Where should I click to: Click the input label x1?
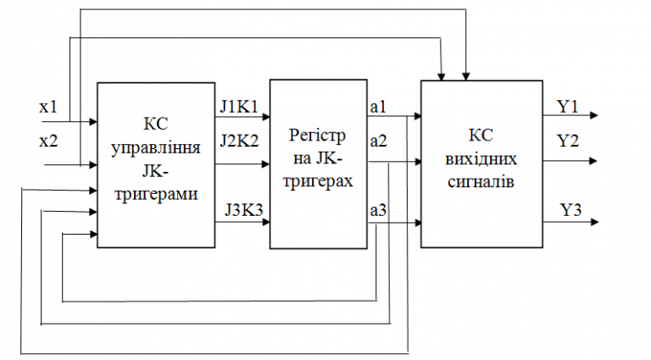pyautogui.click(x=48, y=108)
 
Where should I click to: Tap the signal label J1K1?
pyautogui.click(x=240, y=107)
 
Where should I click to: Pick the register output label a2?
pyautogui.click(x=378, y=141)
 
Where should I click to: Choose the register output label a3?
pyautogui.click(x=378, y=209)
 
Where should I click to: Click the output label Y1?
pyautogui.click(x=567, y=107)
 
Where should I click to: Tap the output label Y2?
pyautogui.click(x=567, y=140)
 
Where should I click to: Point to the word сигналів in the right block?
pyautogui.click(x=480, y=180)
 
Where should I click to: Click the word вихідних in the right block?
pyautogui.click(x=480, y=158)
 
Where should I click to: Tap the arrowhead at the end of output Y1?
pyautogui.click(x=597, y=115)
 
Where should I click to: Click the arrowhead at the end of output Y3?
pyautogui.click(x=597, y=223)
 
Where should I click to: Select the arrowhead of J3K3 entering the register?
pyautogui.click(x=265, y=223)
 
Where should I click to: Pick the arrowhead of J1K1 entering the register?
pyautogui.click(x=265, y=116)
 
